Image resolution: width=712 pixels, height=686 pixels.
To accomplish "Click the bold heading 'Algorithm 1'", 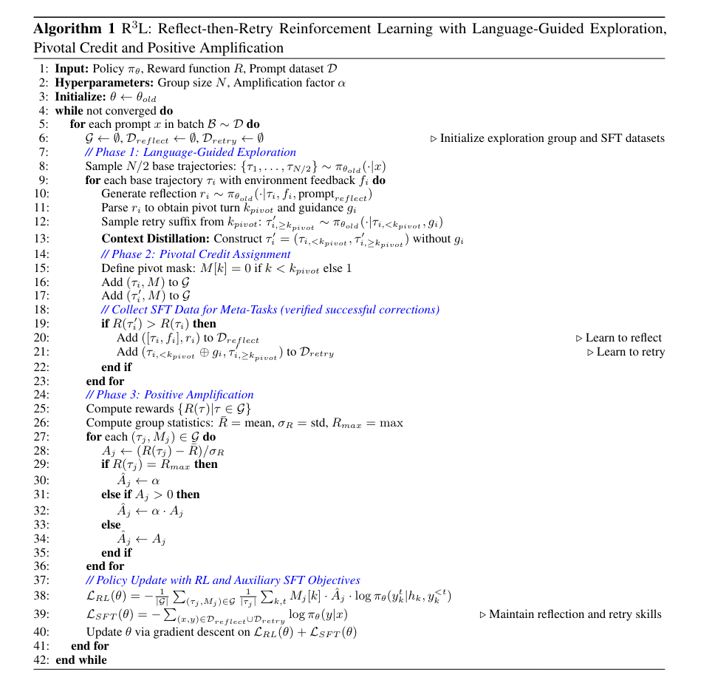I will pos(74,30).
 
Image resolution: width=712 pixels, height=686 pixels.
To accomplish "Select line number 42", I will pos(41,659).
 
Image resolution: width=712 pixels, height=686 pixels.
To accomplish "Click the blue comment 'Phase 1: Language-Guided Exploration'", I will pos(191,152).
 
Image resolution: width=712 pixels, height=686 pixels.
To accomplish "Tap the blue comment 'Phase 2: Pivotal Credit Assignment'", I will pos(196,254).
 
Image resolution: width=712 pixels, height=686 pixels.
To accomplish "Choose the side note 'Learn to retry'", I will pos(626,352).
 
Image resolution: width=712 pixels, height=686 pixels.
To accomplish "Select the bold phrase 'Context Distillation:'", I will pos(155,239).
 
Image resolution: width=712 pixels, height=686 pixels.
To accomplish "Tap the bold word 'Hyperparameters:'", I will pos(97,82).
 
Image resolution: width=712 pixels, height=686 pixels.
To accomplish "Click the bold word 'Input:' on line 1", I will pos(72,68).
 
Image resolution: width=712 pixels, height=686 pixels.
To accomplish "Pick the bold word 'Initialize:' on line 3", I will pos(81,96).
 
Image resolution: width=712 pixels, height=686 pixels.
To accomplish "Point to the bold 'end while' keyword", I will pos(81,659).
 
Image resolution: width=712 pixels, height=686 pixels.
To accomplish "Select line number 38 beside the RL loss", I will pos(41,596).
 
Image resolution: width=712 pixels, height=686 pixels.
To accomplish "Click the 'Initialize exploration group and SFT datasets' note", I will pos(547,138).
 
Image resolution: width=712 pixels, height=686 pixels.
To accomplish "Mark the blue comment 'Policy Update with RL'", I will pos(222,580).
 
